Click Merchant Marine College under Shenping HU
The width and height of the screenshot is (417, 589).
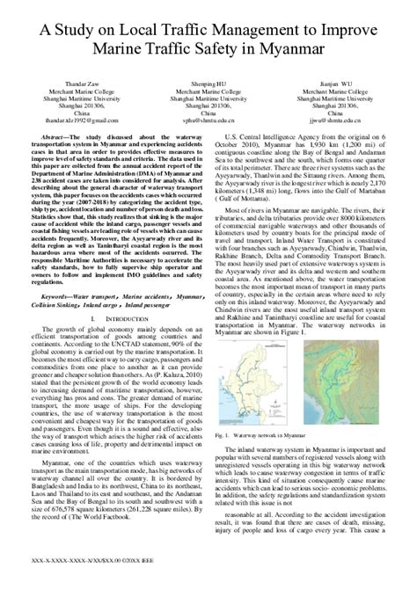(208, 98)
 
